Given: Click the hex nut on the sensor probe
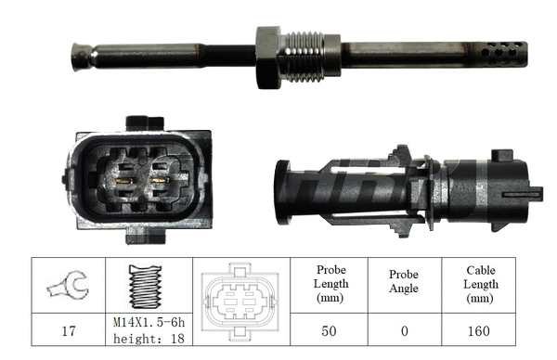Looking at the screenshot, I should point(267,57).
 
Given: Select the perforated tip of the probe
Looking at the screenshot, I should point(505,54).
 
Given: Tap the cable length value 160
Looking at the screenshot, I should point(480,329).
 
